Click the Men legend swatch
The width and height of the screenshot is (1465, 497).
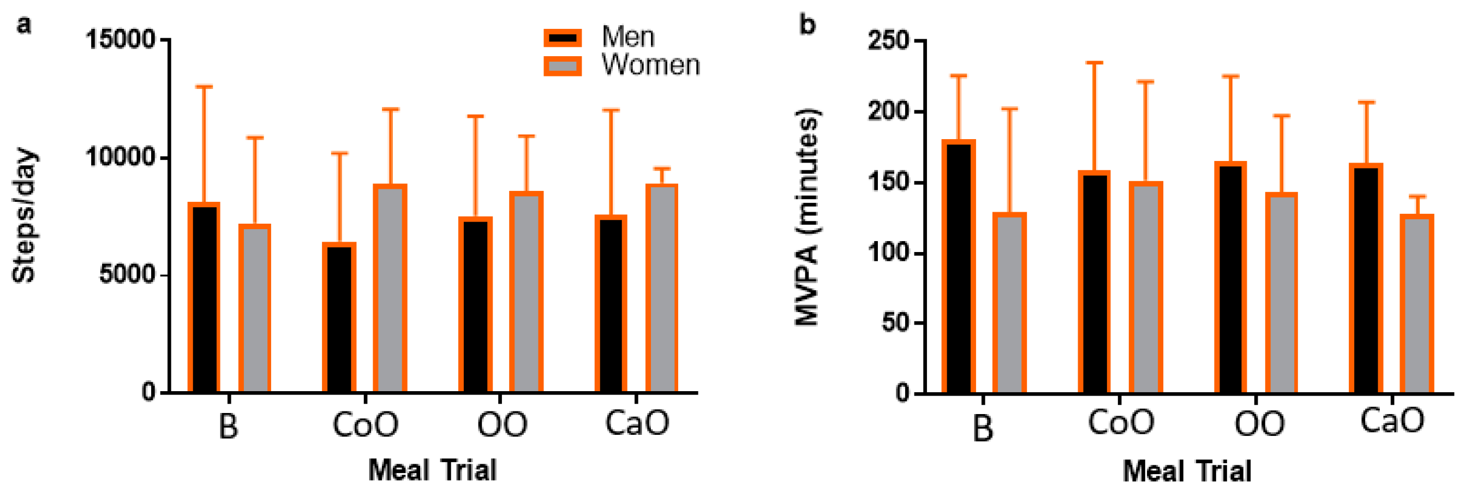pyautogui.click(x=562, y=38)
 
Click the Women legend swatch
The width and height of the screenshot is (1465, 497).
pyautogui.click(x=562, y=66)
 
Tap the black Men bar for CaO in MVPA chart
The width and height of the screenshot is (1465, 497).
pyautogui.click(x=1366, y=279)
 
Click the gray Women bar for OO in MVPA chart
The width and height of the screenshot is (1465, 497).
pyautogui.click(x=1281, y=293)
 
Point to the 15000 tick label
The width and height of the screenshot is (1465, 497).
pyautogui.click(x=120, y=40)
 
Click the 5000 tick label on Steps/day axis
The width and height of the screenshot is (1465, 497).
pyautogui.click(x=127, y=274)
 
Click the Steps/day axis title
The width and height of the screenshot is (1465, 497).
pyautogui.click(x=24, y=215)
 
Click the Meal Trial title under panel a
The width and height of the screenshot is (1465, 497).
pyautogui.click(x=432, y=470)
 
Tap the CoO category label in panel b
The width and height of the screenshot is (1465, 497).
pyautogui.click(x=1121, y=422)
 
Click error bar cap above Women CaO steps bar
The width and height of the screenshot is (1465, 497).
pyautogui.click(x=661, y=169)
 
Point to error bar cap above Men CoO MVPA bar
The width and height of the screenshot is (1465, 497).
pyautogui.click(x=1094, y=63)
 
